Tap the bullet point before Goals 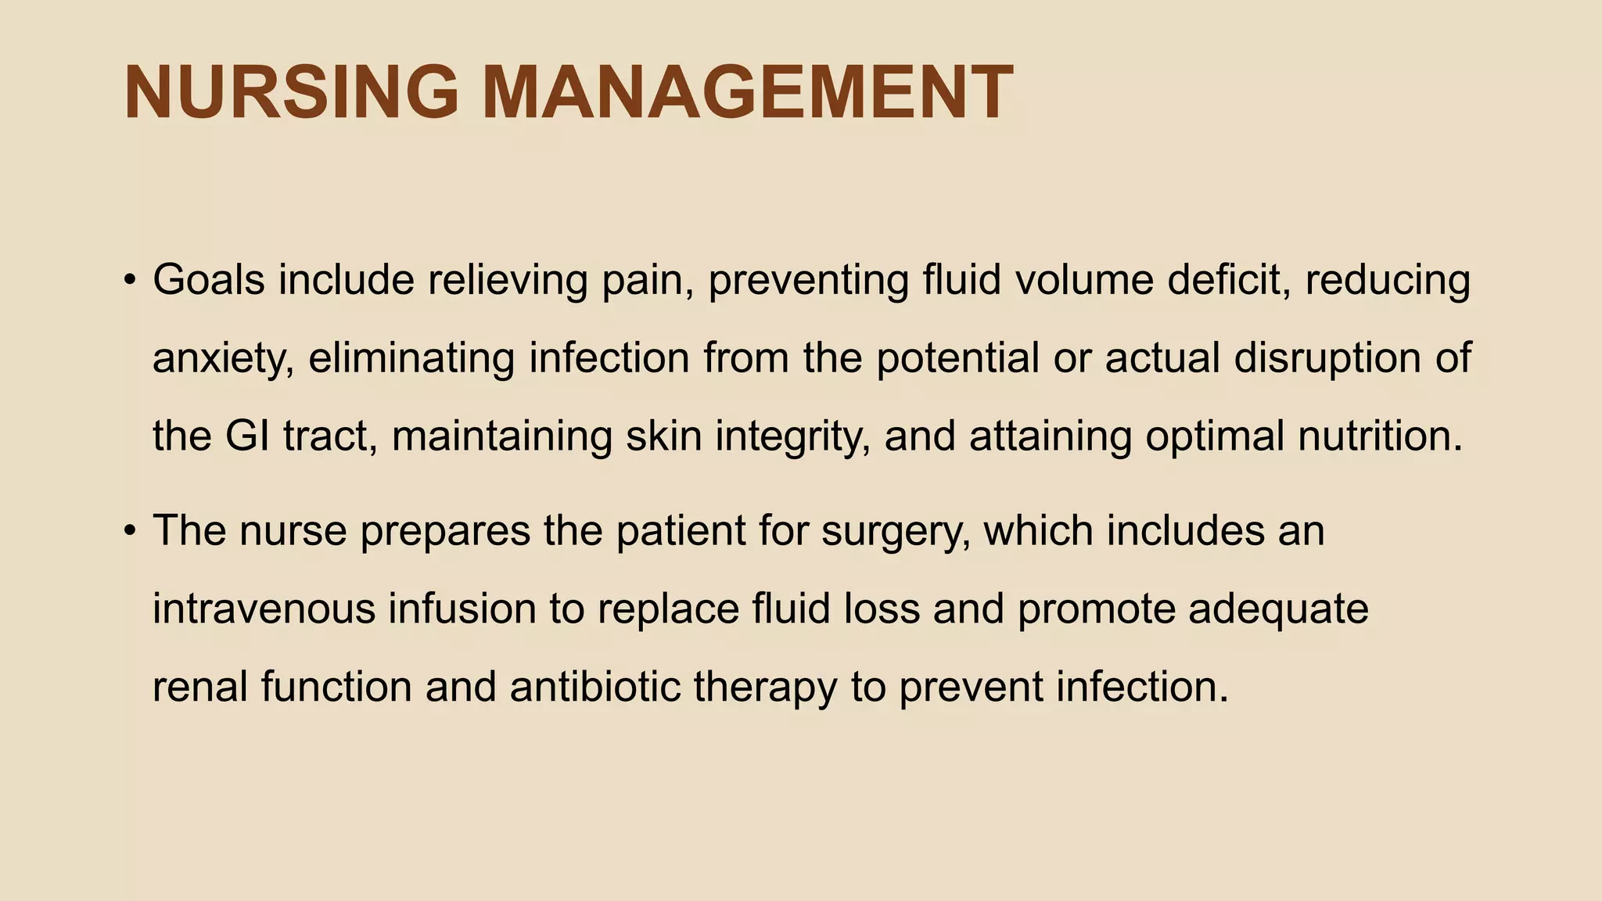click(x=130, y=280)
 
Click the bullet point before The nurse click(x=130, y=531)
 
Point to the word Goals click(x=209, y=280)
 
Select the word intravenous click(x=264, y=609)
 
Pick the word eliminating click(x=411, y=360)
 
